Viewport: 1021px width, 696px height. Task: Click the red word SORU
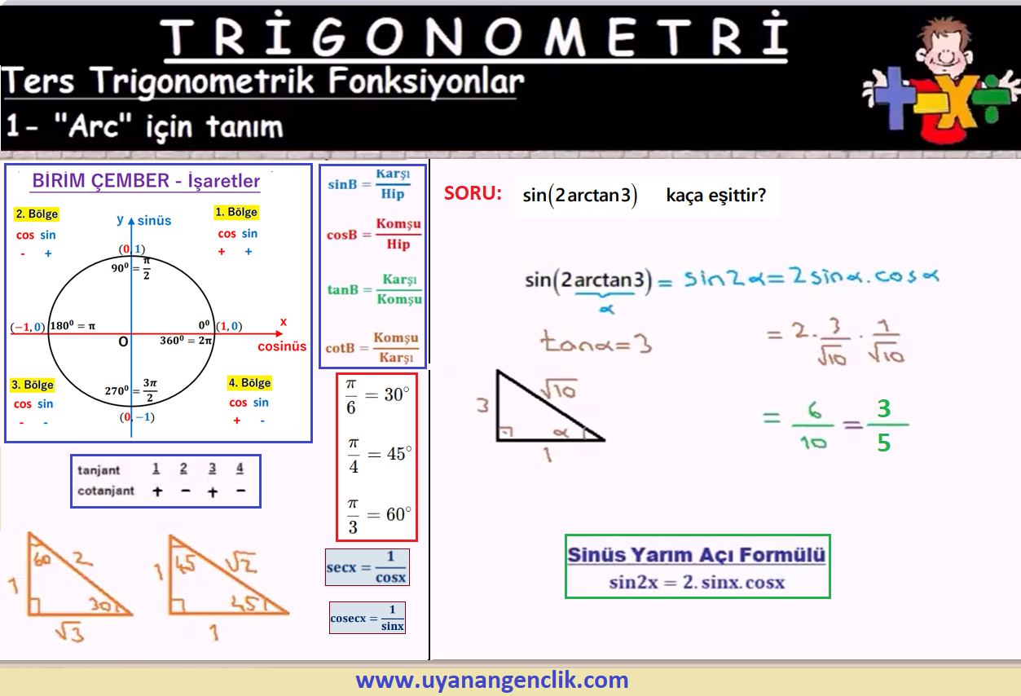tap(473, 193)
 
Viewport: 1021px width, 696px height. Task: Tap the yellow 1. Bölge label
tap(236, 212)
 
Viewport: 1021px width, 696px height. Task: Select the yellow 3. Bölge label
tap(33, 385)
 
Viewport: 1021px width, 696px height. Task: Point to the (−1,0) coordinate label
tap(28, 327)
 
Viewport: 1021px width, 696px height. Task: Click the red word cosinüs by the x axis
tap(282, 346)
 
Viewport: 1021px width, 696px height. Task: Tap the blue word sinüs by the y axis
tap(154, 221)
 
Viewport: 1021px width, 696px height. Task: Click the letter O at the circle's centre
tap(123, 341)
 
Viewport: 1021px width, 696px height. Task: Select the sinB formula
tap(369, 184)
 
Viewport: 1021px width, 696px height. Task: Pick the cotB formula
tap(372, 347)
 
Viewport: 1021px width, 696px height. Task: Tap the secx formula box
tap(367, 567)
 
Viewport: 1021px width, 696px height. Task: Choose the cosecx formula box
tap(367, 618)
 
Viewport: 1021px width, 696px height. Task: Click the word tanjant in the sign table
tap(99, 470)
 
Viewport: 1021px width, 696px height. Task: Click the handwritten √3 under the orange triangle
tap(70, 632)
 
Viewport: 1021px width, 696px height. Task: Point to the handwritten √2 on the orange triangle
tap(241, 562)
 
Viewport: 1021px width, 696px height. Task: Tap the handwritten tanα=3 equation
tap(596, 341)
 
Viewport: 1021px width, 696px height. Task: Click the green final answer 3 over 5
tap(884, 425)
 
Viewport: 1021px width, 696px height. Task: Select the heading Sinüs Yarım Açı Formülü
tap(697, 555)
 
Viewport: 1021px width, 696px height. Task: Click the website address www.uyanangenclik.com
tap(492, 680)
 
